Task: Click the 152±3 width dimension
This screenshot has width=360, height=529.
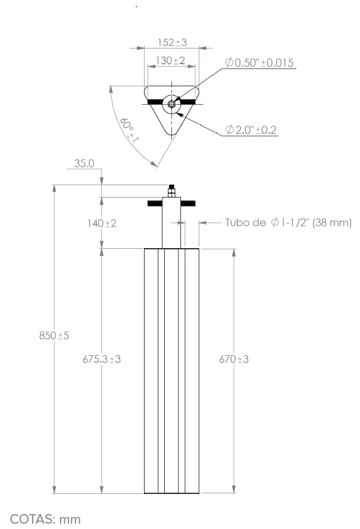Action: [x=172, y=42]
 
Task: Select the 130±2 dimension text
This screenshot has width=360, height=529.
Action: [x=170, y=60]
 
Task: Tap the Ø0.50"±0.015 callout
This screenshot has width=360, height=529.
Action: [x=259, y=62]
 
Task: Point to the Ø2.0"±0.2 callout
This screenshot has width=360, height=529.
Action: [x=251, y=130]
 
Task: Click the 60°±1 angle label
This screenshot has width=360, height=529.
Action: [x=130, y=130]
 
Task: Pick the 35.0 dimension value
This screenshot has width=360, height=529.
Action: [x=84, y=163]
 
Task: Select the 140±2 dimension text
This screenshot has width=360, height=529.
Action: [x=102, y=223]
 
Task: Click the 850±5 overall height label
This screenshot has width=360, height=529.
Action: [x=54, y=336]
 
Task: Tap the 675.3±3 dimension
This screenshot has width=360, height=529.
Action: [x=102, y=359]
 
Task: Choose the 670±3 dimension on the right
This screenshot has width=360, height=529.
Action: [x=234, y=359]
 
